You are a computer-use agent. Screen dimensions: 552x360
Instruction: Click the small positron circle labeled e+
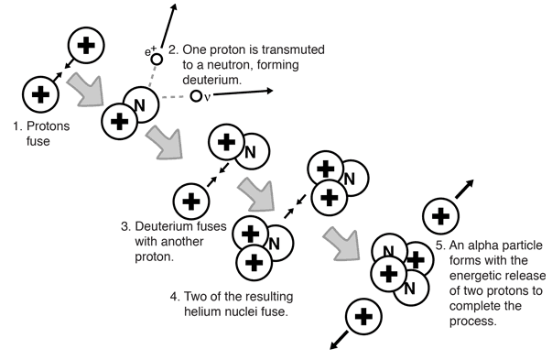157,60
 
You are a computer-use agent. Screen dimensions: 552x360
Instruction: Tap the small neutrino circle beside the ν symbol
196,96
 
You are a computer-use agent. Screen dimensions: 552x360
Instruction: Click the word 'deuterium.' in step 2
212,80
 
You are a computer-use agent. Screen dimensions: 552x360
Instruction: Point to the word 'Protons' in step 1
49,126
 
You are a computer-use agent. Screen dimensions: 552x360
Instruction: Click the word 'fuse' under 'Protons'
38,141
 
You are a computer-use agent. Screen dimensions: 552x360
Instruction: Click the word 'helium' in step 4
203,311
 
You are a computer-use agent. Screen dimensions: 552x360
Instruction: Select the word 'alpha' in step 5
481,245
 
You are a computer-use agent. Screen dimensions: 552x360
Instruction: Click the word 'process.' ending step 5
472,321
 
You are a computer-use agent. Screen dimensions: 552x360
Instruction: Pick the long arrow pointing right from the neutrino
243,93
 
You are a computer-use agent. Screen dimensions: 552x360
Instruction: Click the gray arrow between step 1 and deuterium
87,90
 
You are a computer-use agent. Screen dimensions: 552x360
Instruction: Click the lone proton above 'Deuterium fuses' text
191,202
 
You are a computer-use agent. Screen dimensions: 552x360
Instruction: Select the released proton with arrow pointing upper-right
440,216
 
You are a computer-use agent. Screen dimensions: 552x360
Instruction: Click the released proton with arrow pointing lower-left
363,316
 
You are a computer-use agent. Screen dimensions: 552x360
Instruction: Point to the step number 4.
174,297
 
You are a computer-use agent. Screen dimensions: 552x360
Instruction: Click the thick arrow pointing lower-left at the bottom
339,341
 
